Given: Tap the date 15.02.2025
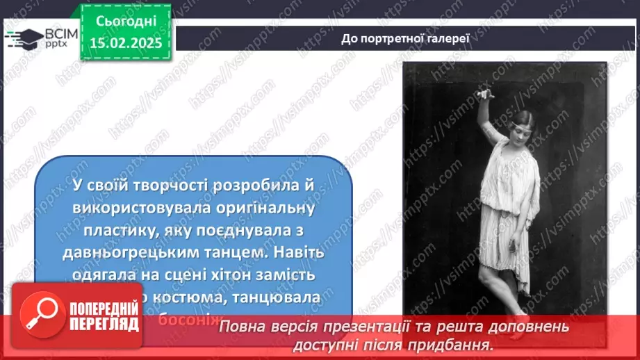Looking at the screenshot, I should coord(126,42).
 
